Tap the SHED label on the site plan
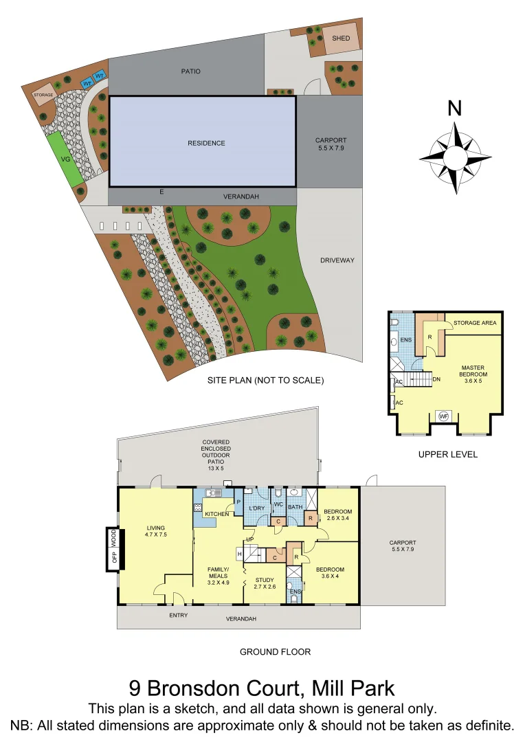341,38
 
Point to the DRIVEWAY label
337,260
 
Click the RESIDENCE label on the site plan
206,143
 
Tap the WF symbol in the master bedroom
443,416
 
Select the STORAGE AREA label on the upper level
475,322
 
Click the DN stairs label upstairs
436,379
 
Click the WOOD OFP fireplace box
113,548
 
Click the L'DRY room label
256,508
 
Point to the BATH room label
295,508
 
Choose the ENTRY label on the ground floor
178,615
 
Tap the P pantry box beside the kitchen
238,501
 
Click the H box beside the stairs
240,553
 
